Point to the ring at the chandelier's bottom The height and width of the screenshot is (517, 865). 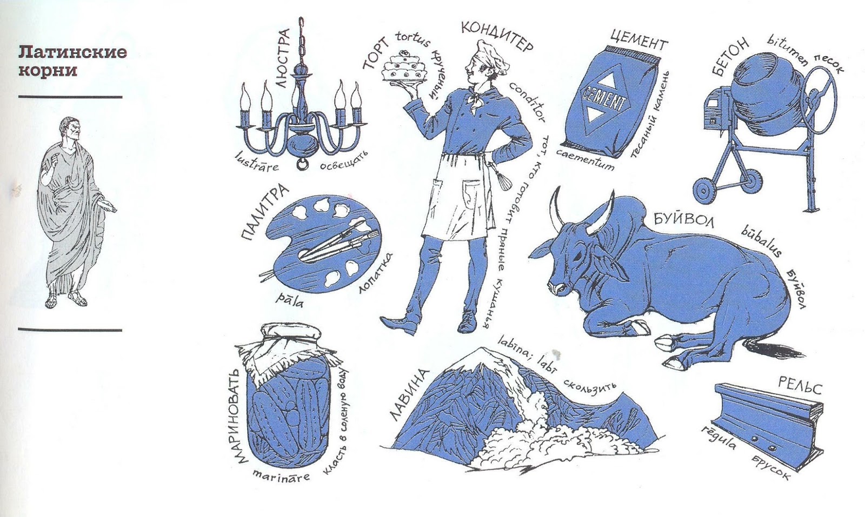tap(302, 164)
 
